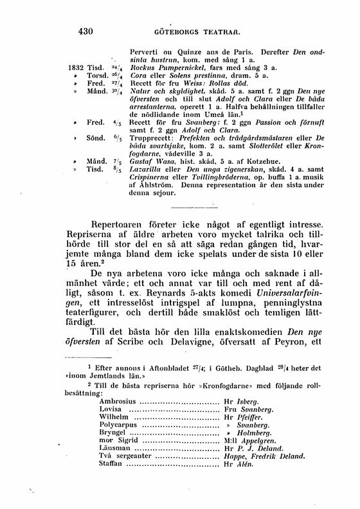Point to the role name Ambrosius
(118, 418)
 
